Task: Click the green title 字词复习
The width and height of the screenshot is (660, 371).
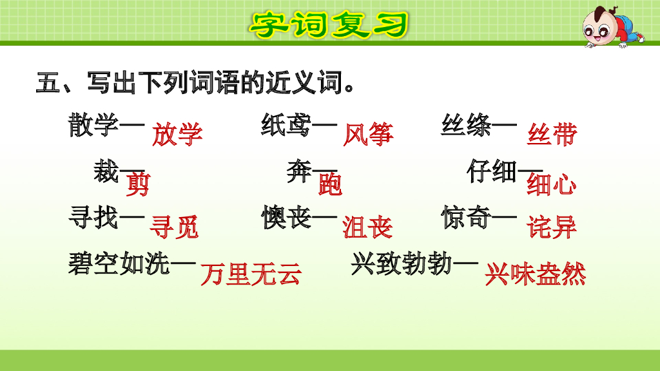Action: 329,24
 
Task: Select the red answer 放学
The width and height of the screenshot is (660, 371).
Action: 177,135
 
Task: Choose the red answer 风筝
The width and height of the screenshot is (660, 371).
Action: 368,135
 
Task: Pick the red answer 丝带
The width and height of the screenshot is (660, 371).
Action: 552,135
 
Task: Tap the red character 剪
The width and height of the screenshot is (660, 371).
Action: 137,185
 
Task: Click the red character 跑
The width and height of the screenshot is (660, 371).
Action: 331,185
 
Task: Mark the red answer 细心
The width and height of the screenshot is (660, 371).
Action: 552,185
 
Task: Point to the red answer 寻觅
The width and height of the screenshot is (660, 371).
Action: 174,227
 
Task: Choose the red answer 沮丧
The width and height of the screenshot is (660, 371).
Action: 367,227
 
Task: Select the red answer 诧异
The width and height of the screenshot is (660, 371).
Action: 552,227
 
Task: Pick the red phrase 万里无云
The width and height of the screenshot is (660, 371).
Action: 251,275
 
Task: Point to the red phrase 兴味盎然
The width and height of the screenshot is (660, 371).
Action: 536,275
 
